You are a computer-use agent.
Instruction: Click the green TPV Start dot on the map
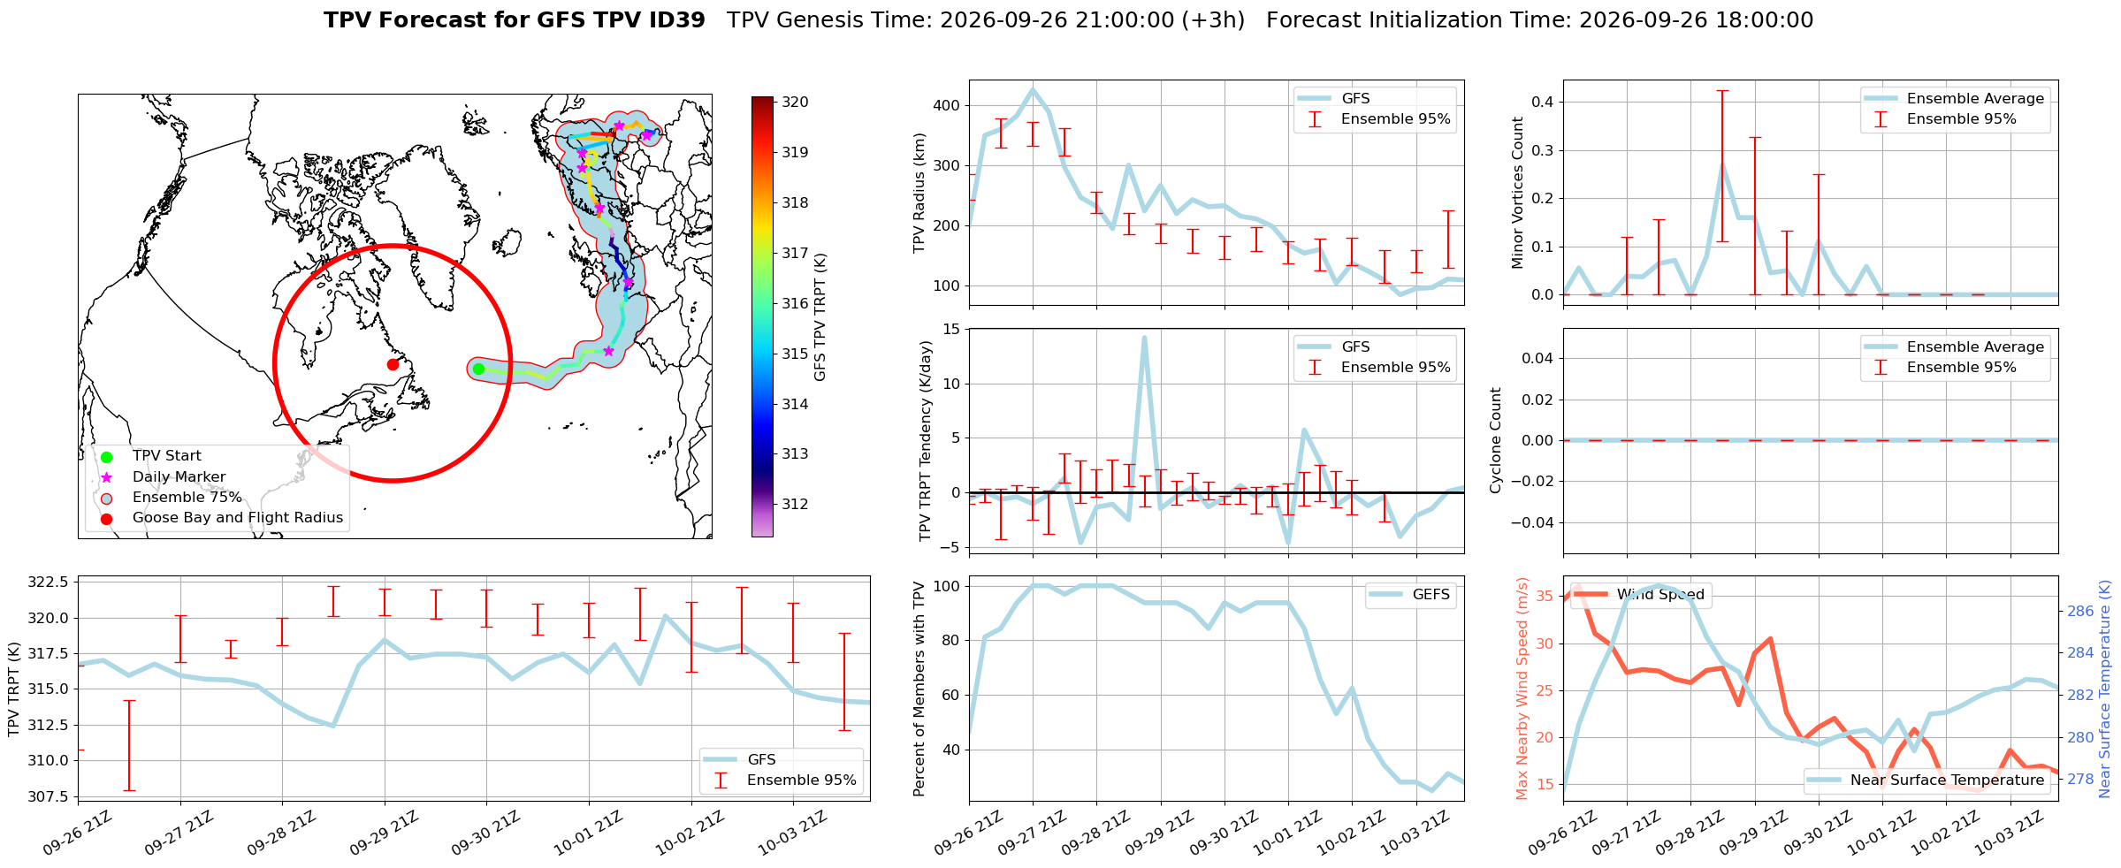(x=478, y=369)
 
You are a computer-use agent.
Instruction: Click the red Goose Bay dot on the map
(x=393, y=364)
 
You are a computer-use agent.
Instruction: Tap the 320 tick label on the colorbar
(x=795, y=103)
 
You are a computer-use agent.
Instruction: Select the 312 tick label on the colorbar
(x=795, y=505)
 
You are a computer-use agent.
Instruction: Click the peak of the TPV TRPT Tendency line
(x=1144, y=337)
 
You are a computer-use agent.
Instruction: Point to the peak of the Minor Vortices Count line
(x=1722, y=164)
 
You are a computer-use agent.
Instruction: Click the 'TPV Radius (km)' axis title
(x=919, y=193)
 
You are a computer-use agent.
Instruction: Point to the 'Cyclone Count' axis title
(x=1496, y=440)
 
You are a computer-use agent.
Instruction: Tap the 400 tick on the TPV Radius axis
(x=947, y=106)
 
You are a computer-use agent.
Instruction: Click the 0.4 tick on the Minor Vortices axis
(x=1543, y=102)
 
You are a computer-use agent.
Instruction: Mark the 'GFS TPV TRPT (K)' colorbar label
(x=820, y=316)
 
